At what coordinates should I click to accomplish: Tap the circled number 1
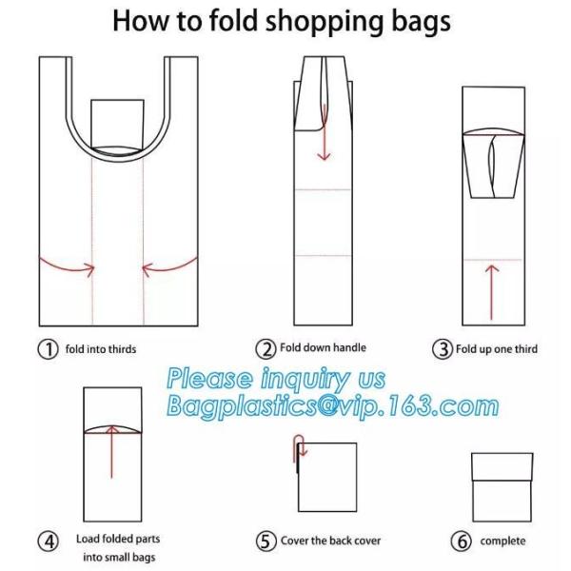[x=48, y=349]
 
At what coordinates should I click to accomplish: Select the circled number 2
[x=266, y=348]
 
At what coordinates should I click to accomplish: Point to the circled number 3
[x=443, y=349]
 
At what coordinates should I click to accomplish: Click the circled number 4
[x=49, y=541]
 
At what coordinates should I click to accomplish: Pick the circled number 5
[x=266, y=541]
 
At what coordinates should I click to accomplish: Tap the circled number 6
[x=461, y=541]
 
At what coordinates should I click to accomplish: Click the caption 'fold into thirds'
[x=101, y=349]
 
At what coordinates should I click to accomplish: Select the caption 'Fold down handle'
[x=323, y=347]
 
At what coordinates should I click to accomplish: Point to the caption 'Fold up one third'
[x=497, y=349]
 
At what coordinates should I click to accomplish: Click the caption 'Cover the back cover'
[x=330, y=541]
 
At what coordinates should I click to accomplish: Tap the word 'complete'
[x=502, y=541]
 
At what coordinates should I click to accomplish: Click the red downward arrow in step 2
[x=324, y=132]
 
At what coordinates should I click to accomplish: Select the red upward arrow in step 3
[x=492, y=292]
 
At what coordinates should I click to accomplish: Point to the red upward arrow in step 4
[x=111, y=451]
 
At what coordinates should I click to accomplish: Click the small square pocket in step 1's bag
[x=117, y=123]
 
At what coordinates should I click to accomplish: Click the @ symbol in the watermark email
[x=329, y=405]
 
